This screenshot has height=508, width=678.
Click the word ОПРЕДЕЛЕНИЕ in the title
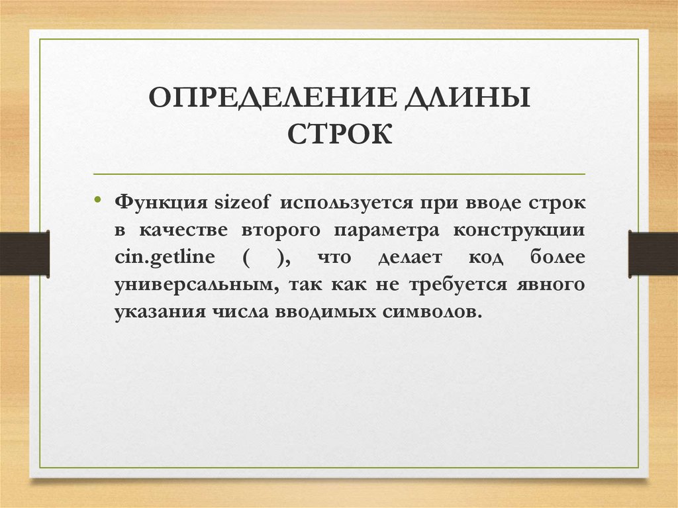[271, 97]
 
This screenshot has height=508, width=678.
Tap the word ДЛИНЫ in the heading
[467, 99]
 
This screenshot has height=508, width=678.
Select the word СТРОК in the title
[340, 134]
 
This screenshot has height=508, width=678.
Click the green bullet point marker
[98, 199]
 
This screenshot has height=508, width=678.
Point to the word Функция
[161, 203]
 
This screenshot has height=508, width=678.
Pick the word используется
[346, 203]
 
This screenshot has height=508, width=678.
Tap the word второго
[281, 230]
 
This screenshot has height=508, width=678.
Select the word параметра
[386, 230]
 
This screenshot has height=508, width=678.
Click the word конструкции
[519, 230]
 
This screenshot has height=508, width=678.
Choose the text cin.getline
[165, 258]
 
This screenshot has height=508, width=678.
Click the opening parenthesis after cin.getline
[246, 258]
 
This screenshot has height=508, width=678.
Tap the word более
[557, 257]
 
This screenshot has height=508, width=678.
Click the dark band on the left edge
[24, 254]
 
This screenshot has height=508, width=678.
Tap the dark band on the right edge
[653, 254]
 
